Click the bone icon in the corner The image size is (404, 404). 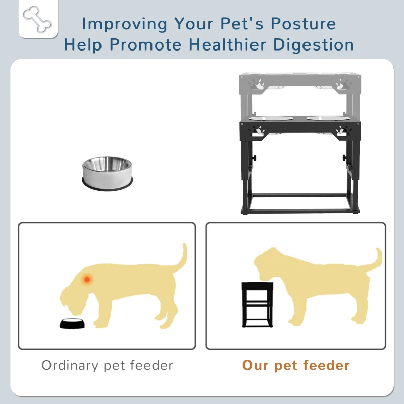[x=37, y=20]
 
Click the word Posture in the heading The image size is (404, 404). [x=304, y=24]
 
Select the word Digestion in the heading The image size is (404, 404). [x=313, y=45]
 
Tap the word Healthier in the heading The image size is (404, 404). [x=228, y=44]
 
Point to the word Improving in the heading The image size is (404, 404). [x=124, y=24]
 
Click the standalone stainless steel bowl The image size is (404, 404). [x=107, y=173]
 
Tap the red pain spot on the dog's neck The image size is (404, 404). [x=87, y=279]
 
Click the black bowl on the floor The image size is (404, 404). [x=72, y=324]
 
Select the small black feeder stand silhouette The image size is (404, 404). [x=258, y=305]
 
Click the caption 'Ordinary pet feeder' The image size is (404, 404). [x=107, y=365]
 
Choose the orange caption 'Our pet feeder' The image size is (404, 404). [x=296, y=365]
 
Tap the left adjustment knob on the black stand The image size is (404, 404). [x=255, y=158]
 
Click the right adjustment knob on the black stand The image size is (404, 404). [x=344, y=157]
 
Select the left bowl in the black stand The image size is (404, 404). [x=271, y=118]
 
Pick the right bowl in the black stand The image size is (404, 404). [x=328, y=118]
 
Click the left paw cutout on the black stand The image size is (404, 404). [x=259, y=131]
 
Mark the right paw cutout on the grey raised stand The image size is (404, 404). [x=344, y=84]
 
